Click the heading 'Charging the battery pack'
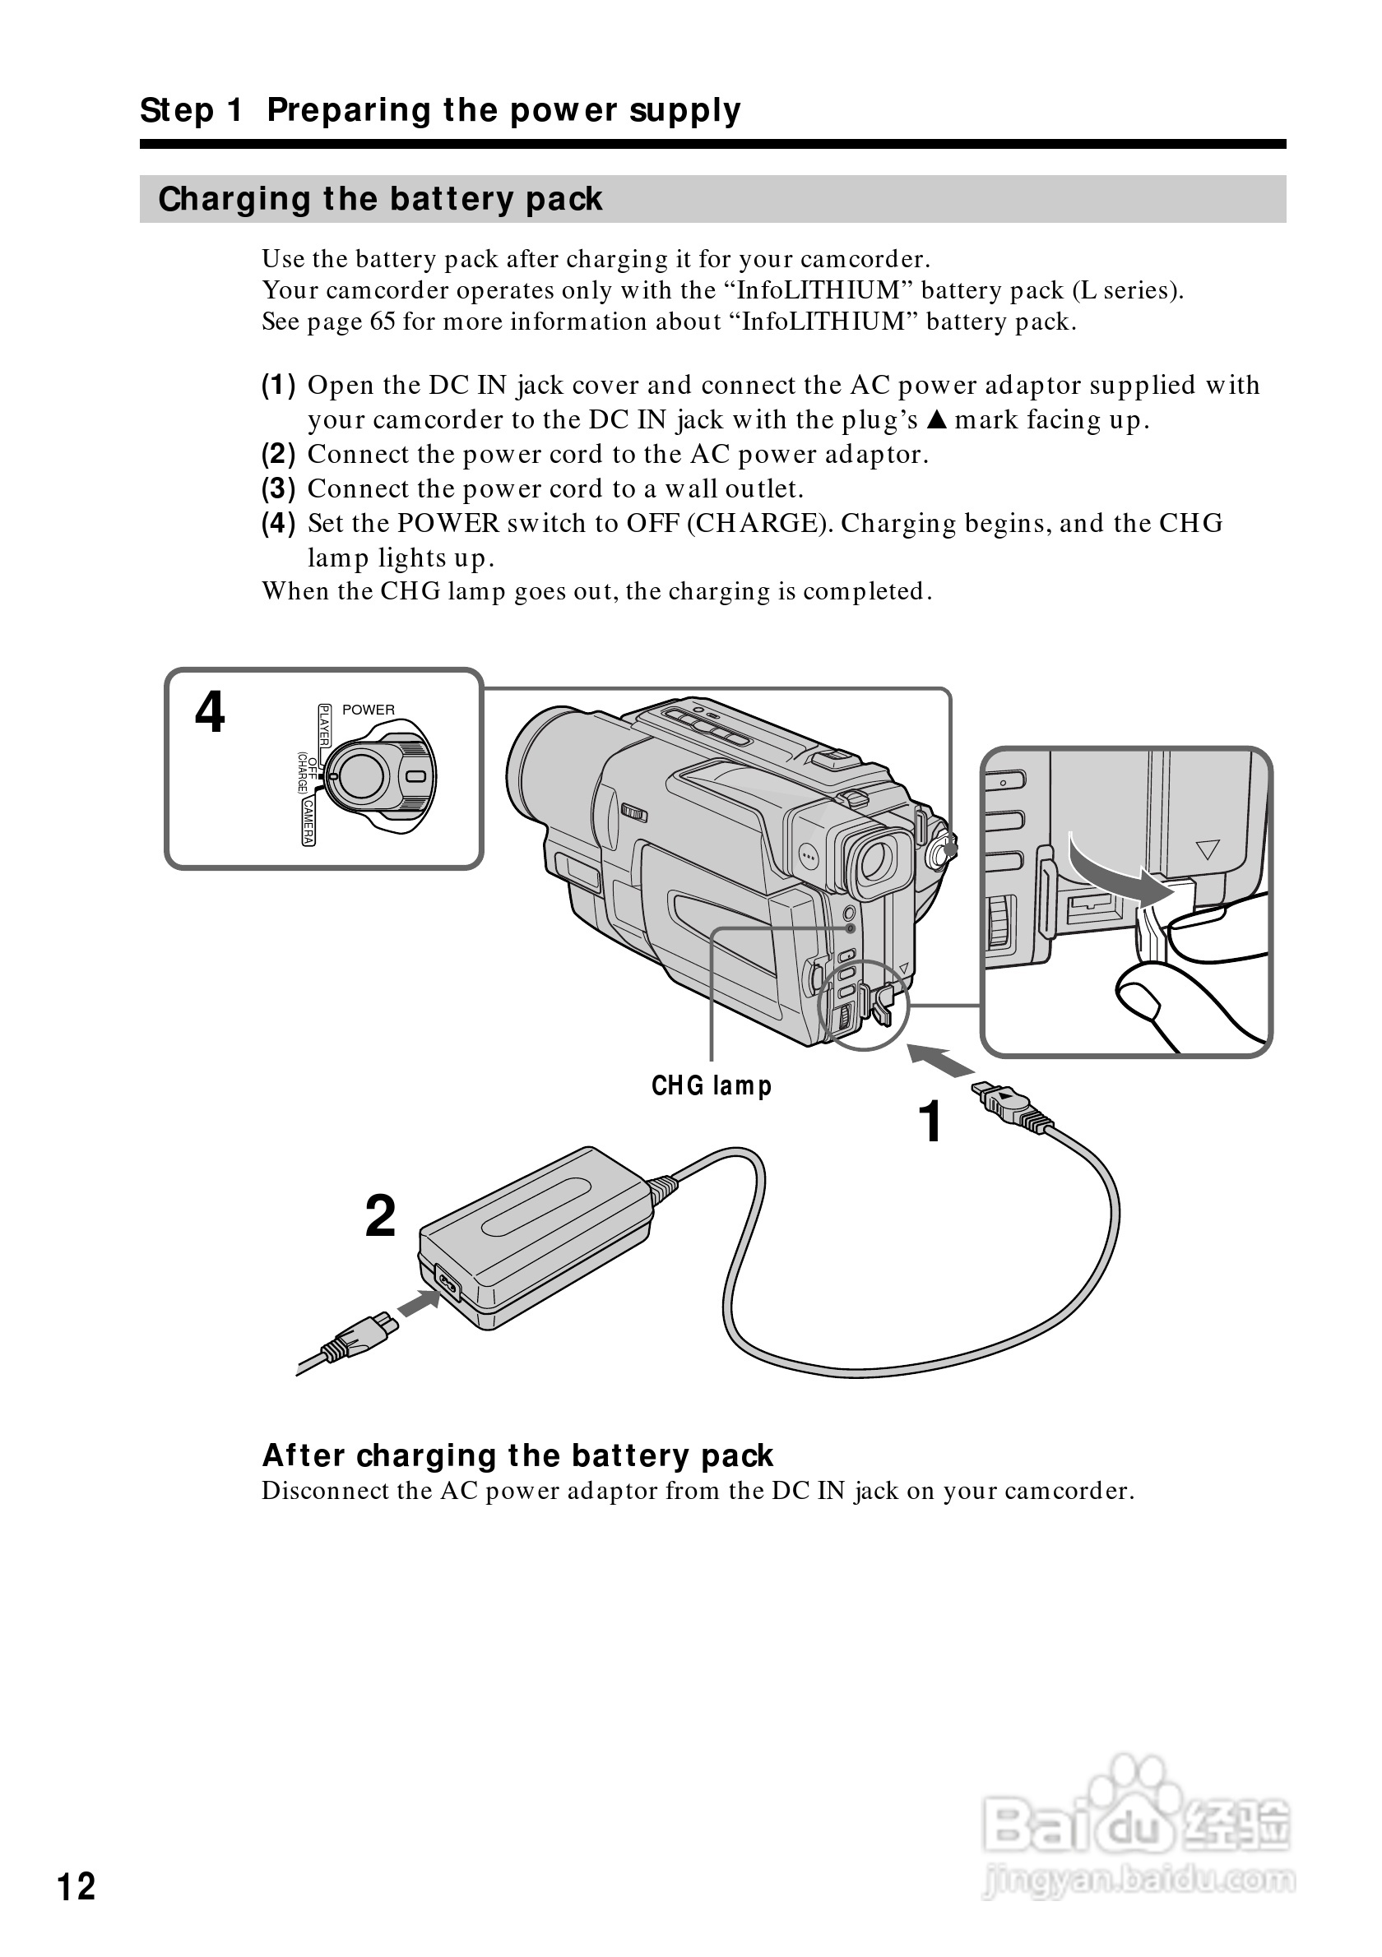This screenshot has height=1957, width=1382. point(380,200)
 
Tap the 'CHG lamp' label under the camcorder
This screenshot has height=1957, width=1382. point(711,1086)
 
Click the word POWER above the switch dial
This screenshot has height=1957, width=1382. point(369,709)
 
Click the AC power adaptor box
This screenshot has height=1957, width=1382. point(537,1236)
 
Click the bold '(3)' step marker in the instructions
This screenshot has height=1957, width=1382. point(278,489)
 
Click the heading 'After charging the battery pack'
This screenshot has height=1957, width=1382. point(517,1455)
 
